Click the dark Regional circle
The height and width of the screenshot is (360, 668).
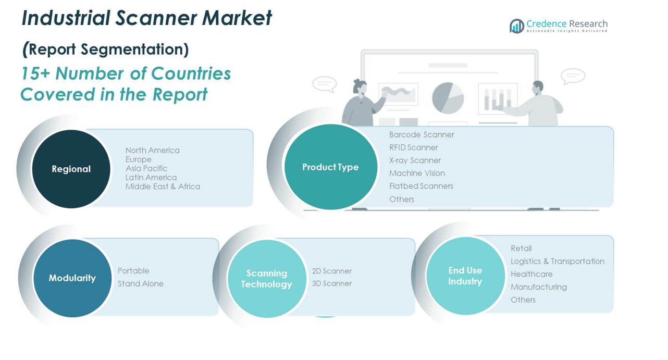(x=71, y=169)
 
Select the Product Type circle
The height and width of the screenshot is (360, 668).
(x=331, y=167)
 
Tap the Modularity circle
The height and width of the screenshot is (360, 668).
(x=72, y=278)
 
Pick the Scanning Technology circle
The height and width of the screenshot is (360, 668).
(x=267, y=279)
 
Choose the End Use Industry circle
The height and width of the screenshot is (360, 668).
(x=465, y=276)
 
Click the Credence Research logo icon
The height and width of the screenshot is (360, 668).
(x=516, y=26)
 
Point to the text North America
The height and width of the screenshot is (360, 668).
(x=152, y=151)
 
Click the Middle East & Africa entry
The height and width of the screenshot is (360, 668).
(x=163, y=187)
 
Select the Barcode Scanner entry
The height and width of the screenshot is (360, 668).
(x=422, y=134)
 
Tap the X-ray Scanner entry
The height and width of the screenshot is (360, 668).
(x=415, y=160)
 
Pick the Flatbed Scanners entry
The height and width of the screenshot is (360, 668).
(x=421, y=186)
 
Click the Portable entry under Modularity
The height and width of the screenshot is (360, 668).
(x=133, y=271)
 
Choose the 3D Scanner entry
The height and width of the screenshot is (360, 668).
(x=332, y=283)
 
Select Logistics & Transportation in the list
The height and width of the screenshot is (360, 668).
(x=558, y=262)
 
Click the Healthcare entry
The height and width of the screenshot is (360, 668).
(x=531, y=274)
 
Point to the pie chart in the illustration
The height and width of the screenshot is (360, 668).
(x=448, y=98)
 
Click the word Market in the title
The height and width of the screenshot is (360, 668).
(x=237, y=18)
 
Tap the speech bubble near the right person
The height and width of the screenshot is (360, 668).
(x=573, y=76)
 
